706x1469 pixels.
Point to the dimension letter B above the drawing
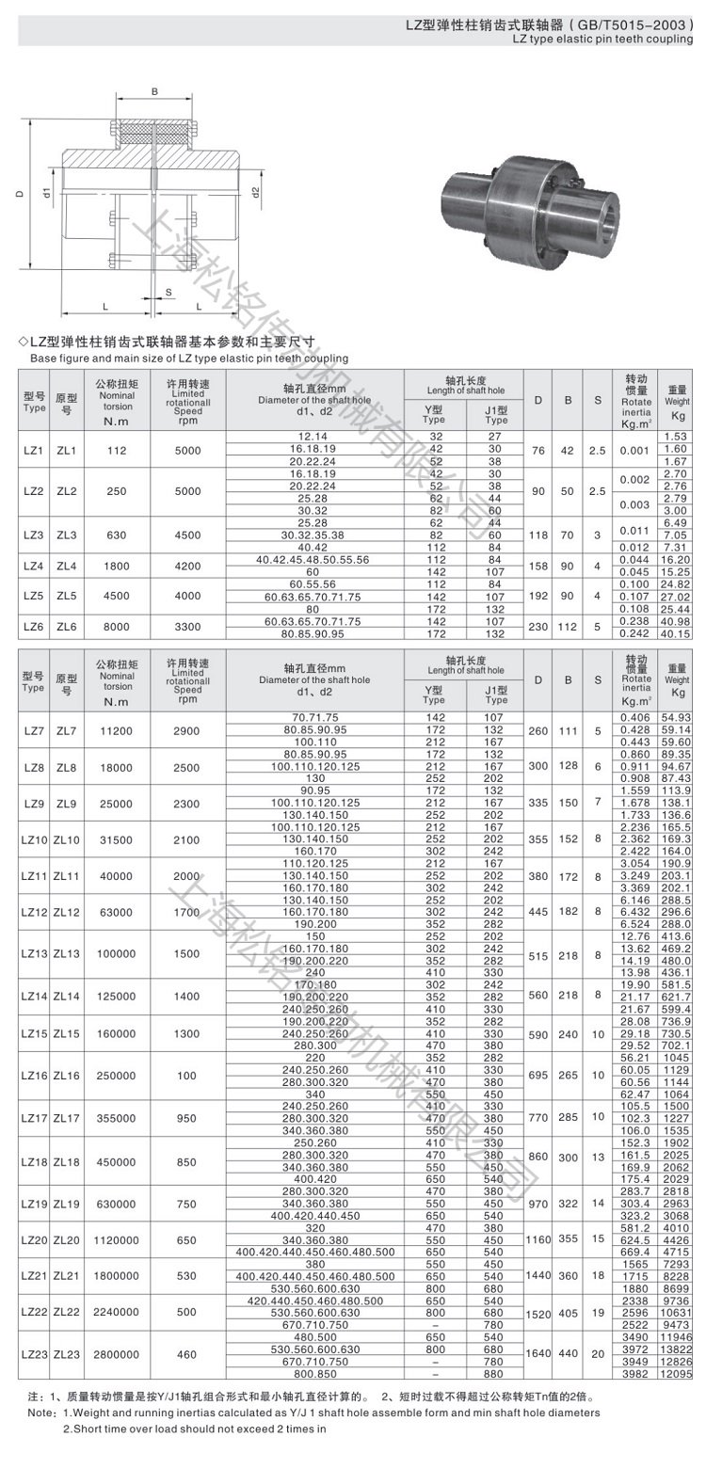click(154, 91)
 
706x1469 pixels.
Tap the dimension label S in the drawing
click(168, 292)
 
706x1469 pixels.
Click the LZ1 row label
click(33, 451)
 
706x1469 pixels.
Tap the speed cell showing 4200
click(188, 566)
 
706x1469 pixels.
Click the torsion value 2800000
click(117, 1353)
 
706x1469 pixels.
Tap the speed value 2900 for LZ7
click(188, 730)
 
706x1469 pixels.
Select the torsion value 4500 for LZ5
click(117, 597)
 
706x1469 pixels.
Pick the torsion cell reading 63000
click(117, 912)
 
